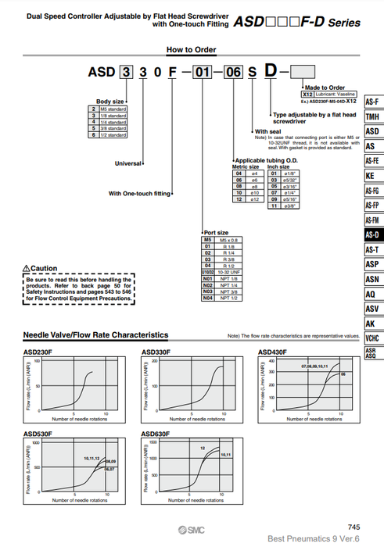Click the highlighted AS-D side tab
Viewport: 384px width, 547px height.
373,234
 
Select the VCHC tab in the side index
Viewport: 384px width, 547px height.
373,338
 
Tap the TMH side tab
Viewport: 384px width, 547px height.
373,116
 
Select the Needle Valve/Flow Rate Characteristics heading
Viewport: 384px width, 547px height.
95,334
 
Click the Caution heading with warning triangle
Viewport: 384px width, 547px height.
40,268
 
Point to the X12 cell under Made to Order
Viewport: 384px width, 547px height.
307,93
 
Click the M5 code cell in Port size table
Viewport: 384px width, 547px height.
208,240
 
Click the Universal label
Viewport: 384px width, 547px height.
127,164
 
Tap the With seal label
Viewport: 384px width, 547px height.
267,131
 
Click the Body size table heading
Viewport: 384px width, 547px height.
109,102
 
